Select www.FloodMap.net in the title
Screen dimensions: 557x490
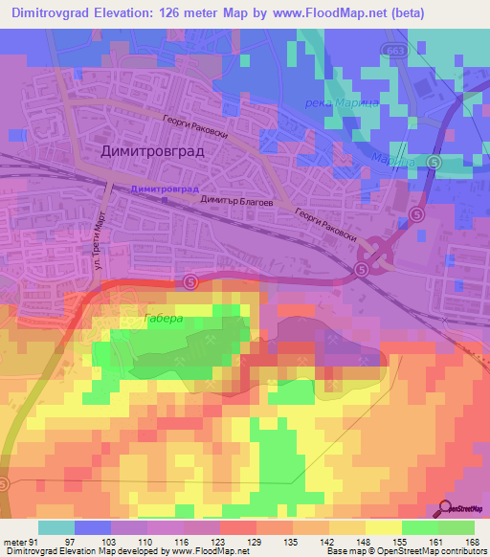318,12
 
